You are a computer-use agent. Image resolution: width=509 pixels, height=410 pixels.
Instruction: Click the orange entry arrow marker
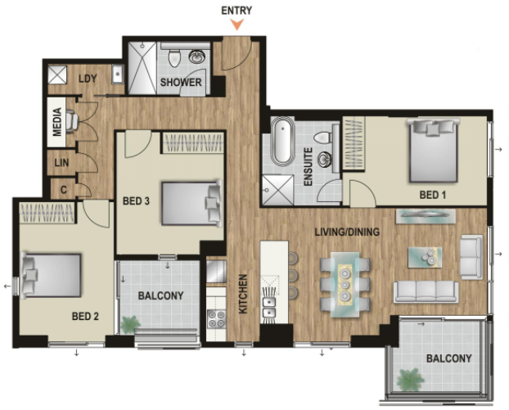pos(237,25)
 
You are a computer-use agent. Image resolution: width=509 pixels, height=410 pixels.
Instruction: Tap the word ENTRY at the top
pos(236,11)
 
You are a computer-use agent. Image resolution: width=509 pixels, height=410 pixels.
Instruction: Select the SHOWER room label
pos(181,82)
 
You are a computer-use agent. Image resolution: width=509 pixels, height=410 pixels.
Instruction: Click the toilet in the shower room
pos(174,57)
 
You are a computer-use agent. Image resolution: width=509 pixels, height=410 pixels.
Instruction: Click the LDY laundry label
pos(88,79)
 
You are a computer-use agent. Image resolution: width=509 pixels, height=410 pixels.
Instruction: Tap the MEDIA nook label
pos(57,122)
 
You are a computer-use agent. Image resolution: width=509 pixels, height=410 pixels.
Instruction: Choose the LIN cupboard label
pos(61,162)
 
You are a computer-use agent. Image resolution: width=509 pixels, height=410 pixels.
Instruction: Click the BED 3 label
pos(136,201)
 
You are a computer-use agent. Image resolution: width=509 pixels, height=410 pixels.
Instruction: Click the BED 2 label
pos(85,316)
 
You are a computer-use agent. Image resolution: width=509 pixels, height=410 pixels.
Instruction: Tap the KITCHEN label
pos(243,294)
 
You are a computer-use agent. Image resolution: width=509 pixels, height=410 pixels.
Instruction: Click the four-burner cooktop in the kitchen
pos(217,318)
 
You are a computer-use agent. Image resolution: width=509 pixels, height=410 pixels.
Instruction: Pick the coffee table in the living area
pos(425,258)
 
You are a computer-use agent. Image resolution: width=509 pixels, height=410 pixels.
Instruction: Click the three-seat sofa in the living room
pos(426,292)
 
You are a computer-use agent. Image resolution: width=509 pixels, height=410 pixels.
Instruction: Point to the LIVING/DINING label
pos(347,232)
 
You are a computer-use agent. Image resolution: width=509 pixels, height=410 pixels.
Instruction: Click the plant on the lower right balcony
pos(410,380)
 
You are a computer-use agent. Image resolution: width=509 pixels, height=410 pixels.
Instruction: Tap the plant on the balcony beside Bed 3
pos(130,324)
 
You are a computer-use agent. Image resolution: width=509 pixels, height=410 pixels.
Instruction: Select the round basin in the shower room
pos(196,56)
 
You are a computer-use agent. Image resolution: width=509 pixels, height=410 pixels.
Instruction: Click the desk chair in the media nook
pos(72,121)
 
